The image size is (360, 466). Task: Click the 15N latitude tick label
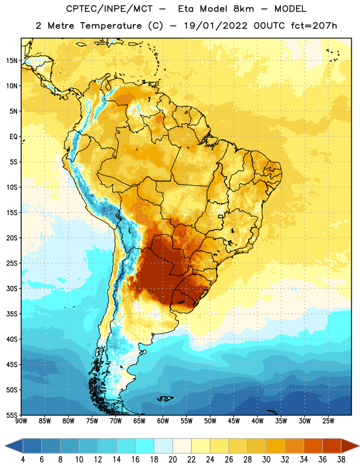click(x=12, y=61)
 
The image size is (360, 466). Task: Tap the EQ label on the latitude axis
click(x=13, y=137)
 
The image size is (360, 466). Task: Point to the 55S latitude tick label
click(x=12, y=415)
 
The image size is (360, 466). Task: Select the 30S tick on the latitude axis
click(x=12, y=288)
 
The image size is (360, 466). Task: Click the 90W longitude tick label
click(x=22, y=421)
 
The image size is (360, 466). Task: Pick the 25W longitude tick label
click(x=328, y=421)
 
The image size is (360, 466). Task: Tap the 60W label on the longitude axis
click(x=163, y=421)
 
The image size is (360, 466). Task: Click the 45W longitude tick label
click(x=234, y=421)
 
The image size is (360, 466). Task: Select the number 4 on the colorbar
click(x=23, y=460)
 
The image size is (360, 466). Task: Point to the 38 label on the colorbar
click(x=341, y=460)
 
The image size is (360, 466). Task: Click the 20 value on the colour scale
click(x=172, y=460)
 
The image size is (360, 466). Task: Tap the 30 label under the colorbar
click(x=266, y=460)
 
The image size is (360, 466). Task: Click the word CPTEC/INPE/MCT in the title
click(x=110, y=9)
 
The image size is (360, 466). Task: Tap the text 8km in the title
click(x=243, y=9)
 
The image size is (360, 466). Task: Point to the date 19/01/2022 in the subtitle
click(x=216, y=26)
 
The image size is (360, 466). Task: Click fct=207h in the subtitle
click(x=314, y=26)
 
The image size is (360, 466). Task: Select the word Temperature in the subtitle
click(x=111, y=26)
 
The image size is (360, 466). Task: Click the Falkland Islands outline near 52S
click(x=165, y=398)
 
